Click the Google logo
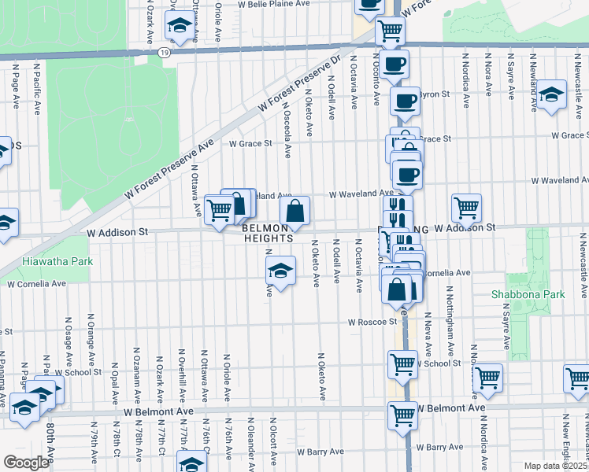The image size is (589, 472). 26,463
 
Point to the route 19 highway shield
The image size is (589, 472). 163,52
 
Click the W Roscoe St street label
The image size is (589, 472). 373,322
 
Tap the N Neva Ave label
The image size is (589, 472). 428,325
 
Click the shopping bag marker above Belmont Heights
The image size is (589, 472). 294,211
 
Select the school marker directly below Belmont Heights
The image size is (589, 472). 281,271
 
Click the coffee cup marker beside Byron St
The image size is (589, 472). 406,101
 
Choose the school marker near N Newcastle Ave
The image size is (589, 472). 552,95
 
